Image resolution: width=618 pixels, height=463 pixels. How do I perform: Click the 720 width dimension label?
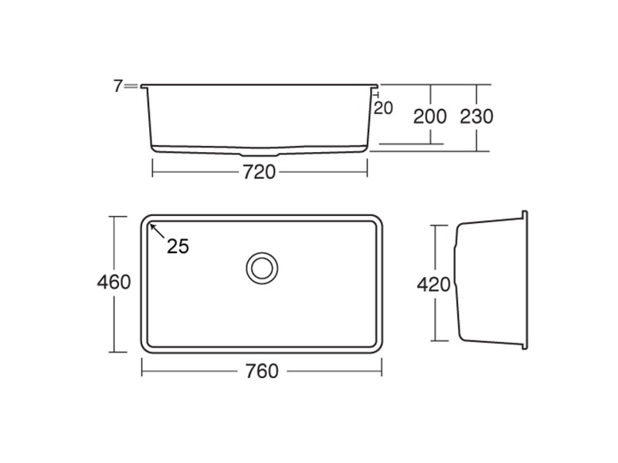259,172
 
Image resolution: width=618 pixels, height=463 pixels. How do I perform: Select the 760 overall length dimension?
262,371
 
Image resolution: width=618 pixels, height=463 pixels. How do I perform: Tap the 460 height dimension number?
114,282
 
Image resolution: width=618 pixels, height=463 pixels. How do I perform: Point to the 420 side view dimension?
433,285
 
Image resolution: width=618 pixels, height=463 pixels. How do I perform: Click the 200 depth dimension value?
430,117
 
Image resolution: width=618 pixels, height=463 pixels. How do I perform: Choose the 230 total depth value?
477,117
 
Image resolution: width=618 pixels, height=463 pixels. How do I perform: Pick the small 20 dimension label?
383,108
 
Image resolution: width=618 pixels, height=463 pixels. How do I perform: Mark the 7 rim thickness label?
118,86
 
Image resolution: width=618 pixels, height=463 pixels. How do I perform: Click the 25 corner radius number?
178,246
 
